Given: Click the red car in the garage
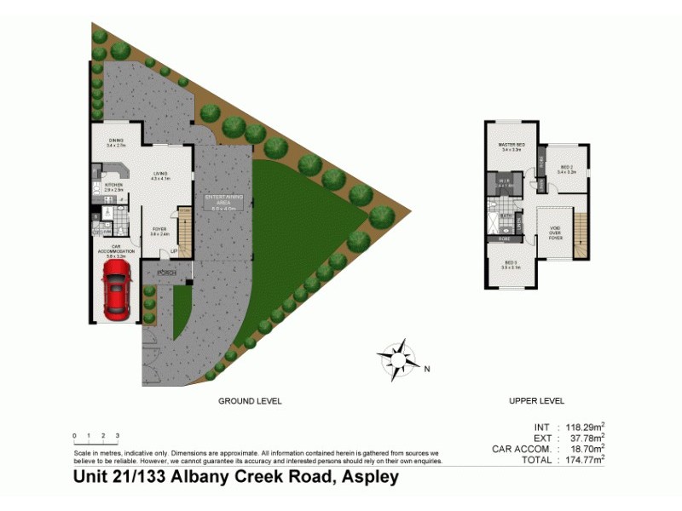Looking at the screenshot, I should point(116,287).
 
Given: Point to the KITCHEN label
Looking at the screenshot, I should point(114,186).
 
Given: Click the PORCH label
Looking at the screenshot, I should point(165,273).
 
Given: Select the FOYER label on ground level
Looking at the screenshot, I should point(159,231).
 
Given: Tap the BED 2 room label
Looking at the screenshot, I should point(566,169).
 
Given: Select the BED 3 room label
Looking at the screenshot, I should point(511,264).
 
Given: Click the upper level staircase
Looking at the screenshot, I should point(581,234).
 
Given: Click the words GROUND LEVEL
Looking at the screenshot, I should point(250,400).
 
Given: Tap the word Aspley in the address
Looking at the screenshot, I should point(369,478).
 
